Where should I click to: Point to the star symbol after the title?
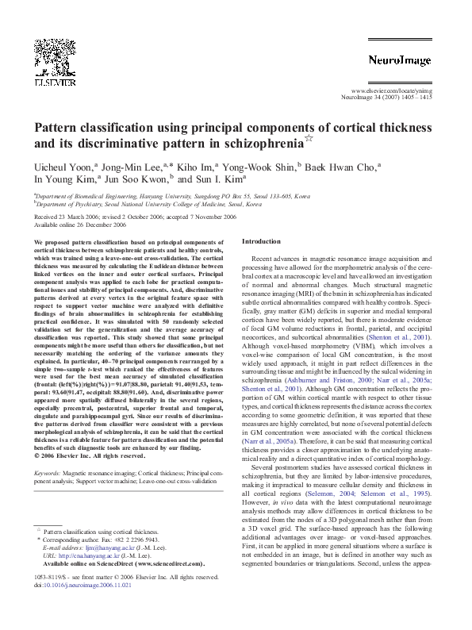click(x=309, y=140)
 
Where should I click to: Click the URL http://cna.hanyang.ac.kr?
click(x=91, y=555)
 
